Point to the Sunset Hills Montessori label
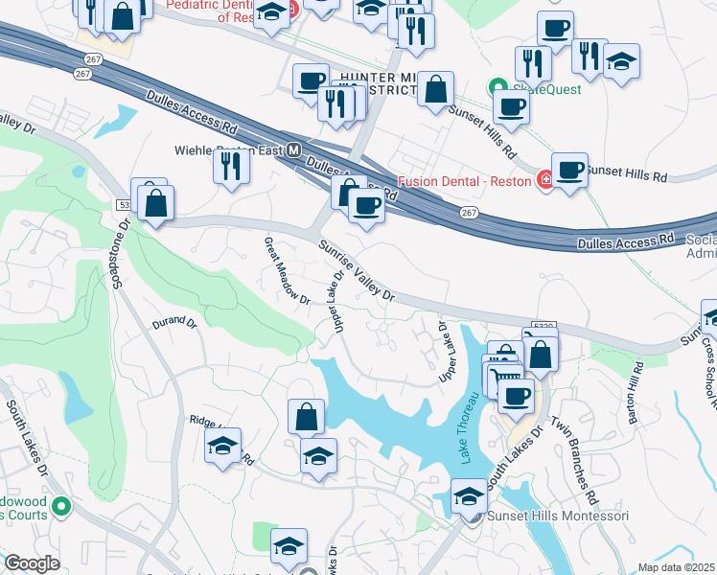coord(560,517)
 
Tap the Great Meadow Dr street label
coord(287,271)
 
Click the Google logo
coord(32,563)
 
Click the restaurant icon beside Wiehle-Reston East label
coord(233,166)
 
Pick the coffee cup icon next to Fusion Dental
coord(569,170)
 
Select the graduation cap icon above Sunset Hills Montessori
coord(469,496)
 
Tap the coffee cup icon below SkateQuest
coord(511,106)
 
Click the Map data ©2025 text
coord(676,567)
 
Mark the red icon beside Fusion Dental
coord(545,180)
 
